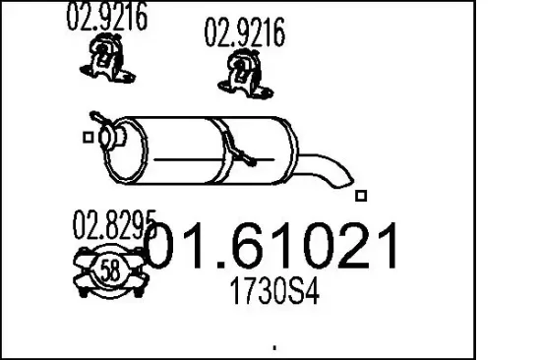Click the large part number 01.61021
click(x=271, y=246)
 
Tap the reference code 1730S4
click(x=274, y=292)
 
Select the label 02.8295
click(x=115, y=224)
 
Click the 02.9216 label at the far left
click(x=107, y=16)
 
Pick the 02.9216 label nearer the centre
click(x=245, y=32)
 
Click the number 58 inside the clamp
click(x=110, y=270)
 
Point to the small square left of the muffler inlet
click(x=89, y=138)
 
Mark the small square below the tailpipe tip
click(x=361, y=196)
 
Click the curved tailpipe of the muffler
click(x=328, y=169)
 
